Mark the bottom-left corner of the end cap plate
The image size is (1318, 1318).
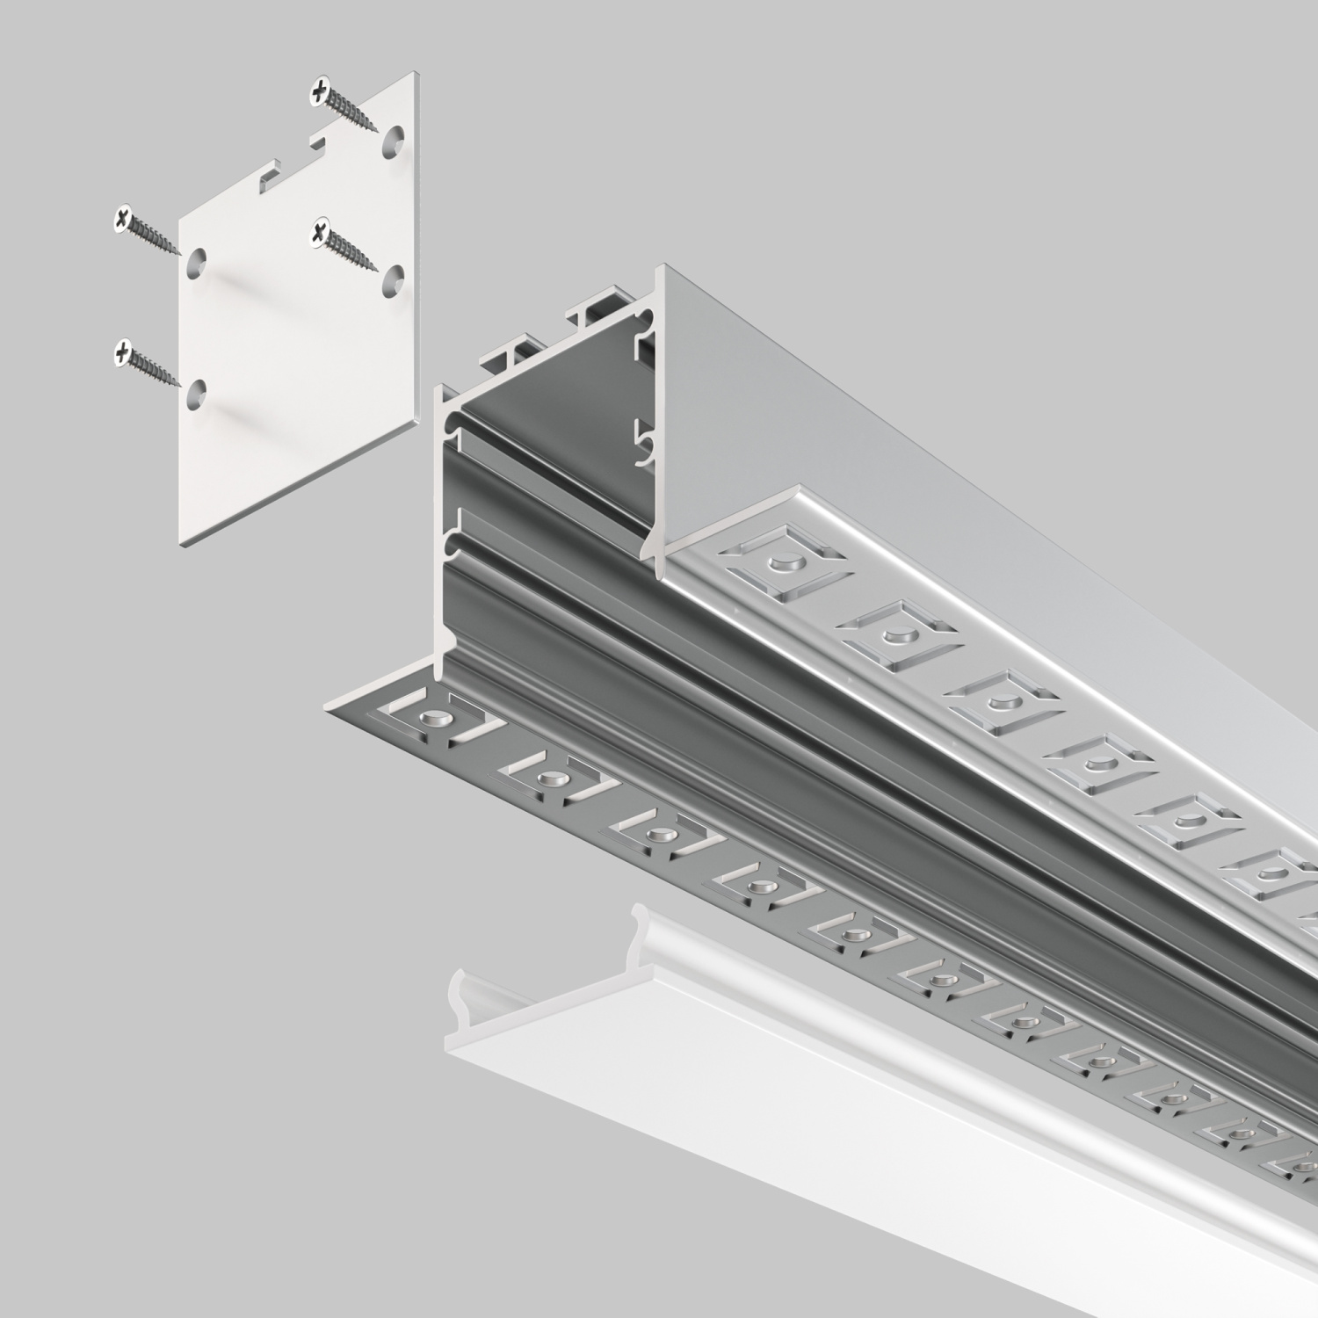click(185, 545)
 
